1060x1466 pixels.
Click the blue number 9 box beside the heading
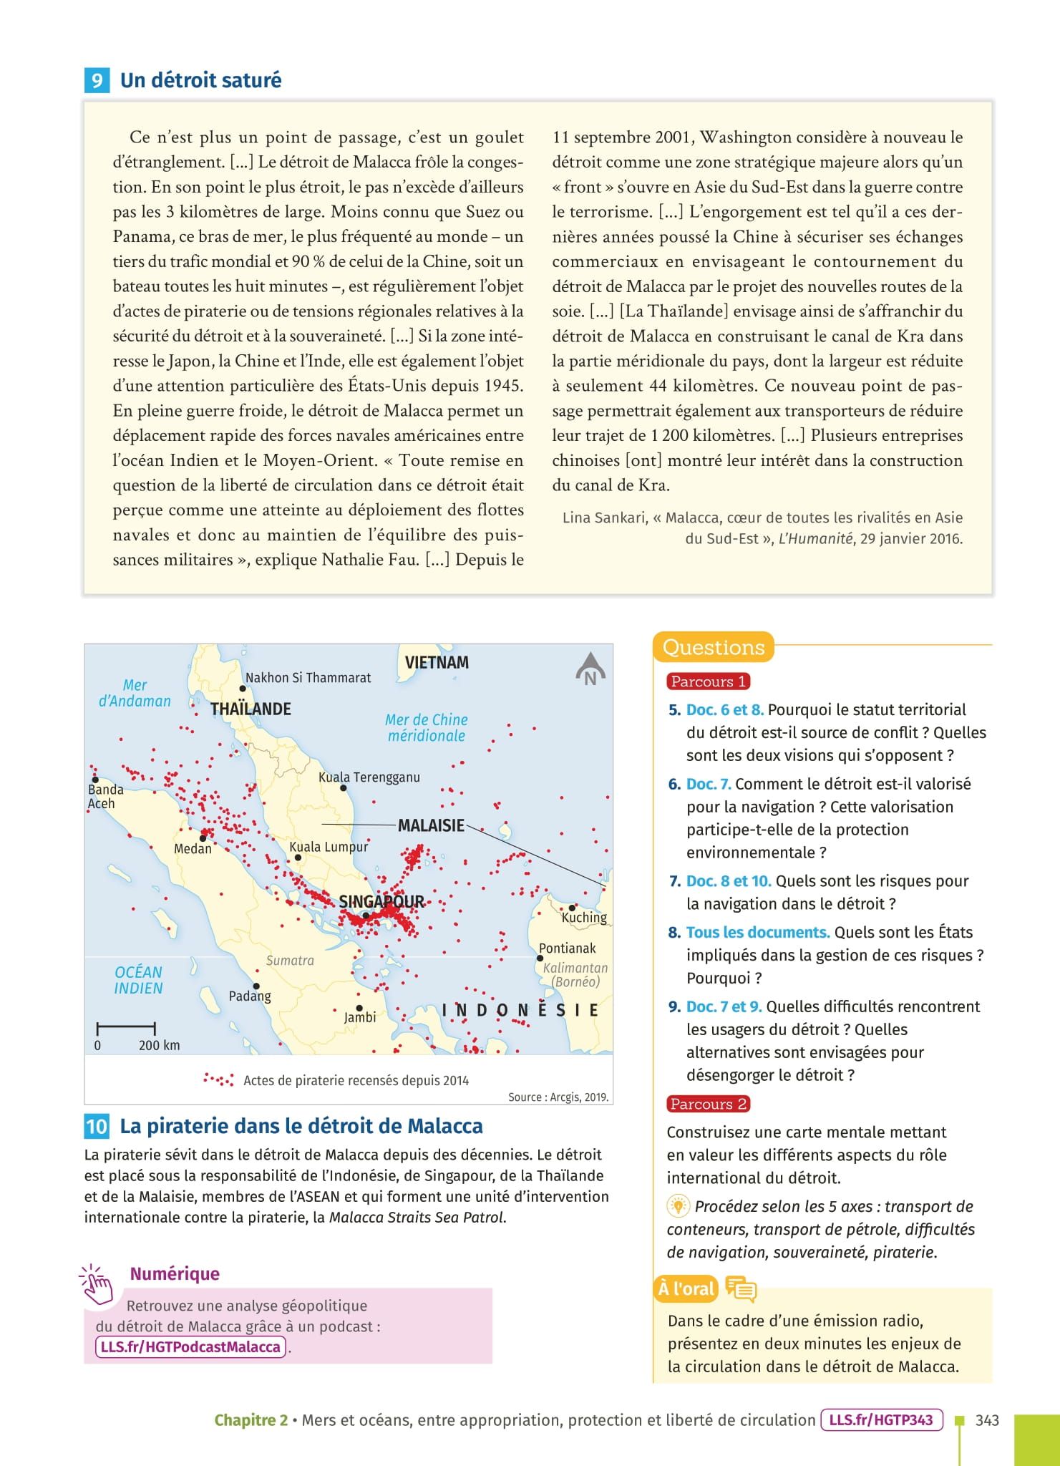(x=96, y=80)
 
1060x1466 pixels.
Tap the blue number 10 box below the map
(x=96, y=1126)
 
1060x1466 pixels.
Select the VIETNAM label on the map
(x=437, y=662)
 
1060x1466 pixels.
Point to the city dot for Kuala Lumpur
(x=298, y=857)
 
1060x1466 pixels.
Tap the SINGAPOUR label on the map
(x=381, y=901)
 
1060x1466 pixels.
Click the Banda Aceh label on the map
(x=105, y=796)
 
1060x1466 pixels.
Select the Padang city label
(x=250, y=996)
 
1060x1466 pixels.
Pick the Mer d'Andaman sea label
(x=135, y=693)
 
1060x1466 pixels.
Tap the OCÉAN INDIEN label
(x=138, y=980)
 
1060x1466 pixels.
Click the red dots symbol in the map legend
(x=218, y=1079)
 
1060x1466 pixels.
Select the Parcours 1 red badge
(x=708, y=681)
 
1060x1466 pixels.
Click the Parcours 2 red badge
(x=708, y=1104)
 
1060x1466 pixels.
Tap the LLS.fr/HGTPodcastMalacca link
(x=190, y=1347)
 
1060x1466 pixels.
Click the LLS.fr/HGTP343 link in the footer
(x=881, y=1420)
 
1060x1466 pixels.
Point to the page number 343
(x=987, y=1420)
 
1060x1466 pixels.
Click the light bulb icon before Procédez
(x=676, y=1206)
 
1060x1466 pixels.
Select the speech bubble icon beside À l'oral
(x=740, y=1288)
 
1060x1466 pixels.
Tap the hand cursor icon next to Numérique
(x=97, y=1285)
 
